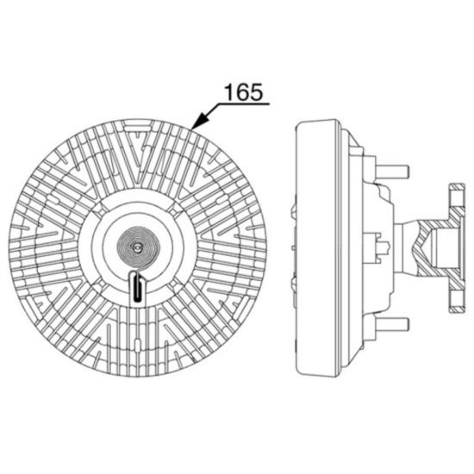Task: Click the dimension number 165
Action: (244, 92)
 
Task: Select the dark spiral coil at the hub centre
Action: (138, 247)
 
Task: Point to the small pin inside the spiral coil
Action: (137, 247)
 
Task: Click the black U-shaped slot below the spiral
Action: (138, 287)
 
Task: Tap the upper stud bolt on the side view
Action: (392, 172)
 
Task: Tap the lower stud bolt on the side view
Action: (392, 324)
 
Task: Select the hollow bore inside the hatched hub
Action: (445, 247)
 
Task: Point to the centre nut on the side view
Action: (382, 247)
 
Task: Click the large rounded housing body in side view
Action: (317, 248)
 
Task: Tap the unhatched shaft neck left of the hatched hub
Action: (406, 247)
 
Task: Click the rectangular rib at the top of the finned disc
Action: (138, 126)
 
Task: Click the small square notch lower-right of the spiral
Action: (174, 284)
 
